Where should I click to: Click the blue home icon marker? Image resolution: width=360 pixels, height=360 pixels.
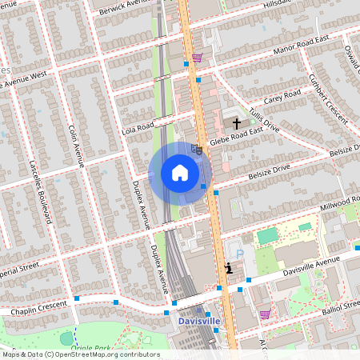(179, 172)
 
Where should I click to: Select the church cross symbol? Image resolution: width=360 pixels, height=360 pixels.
(237, 123)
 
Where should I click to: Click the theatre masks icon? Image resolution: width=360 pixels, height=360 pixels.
(198, 148)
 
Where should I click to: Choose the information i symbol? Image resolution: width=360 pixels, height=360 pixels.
(230, 269)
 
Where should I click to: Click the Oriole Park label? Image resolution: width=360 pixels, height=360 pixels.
(90, 348)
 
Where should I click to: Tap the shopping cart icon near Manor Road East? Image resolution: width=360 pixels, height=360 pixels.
(197, 58)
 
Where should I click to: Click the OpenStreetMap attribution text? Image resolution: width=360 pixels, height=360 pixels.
(81, 354)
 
